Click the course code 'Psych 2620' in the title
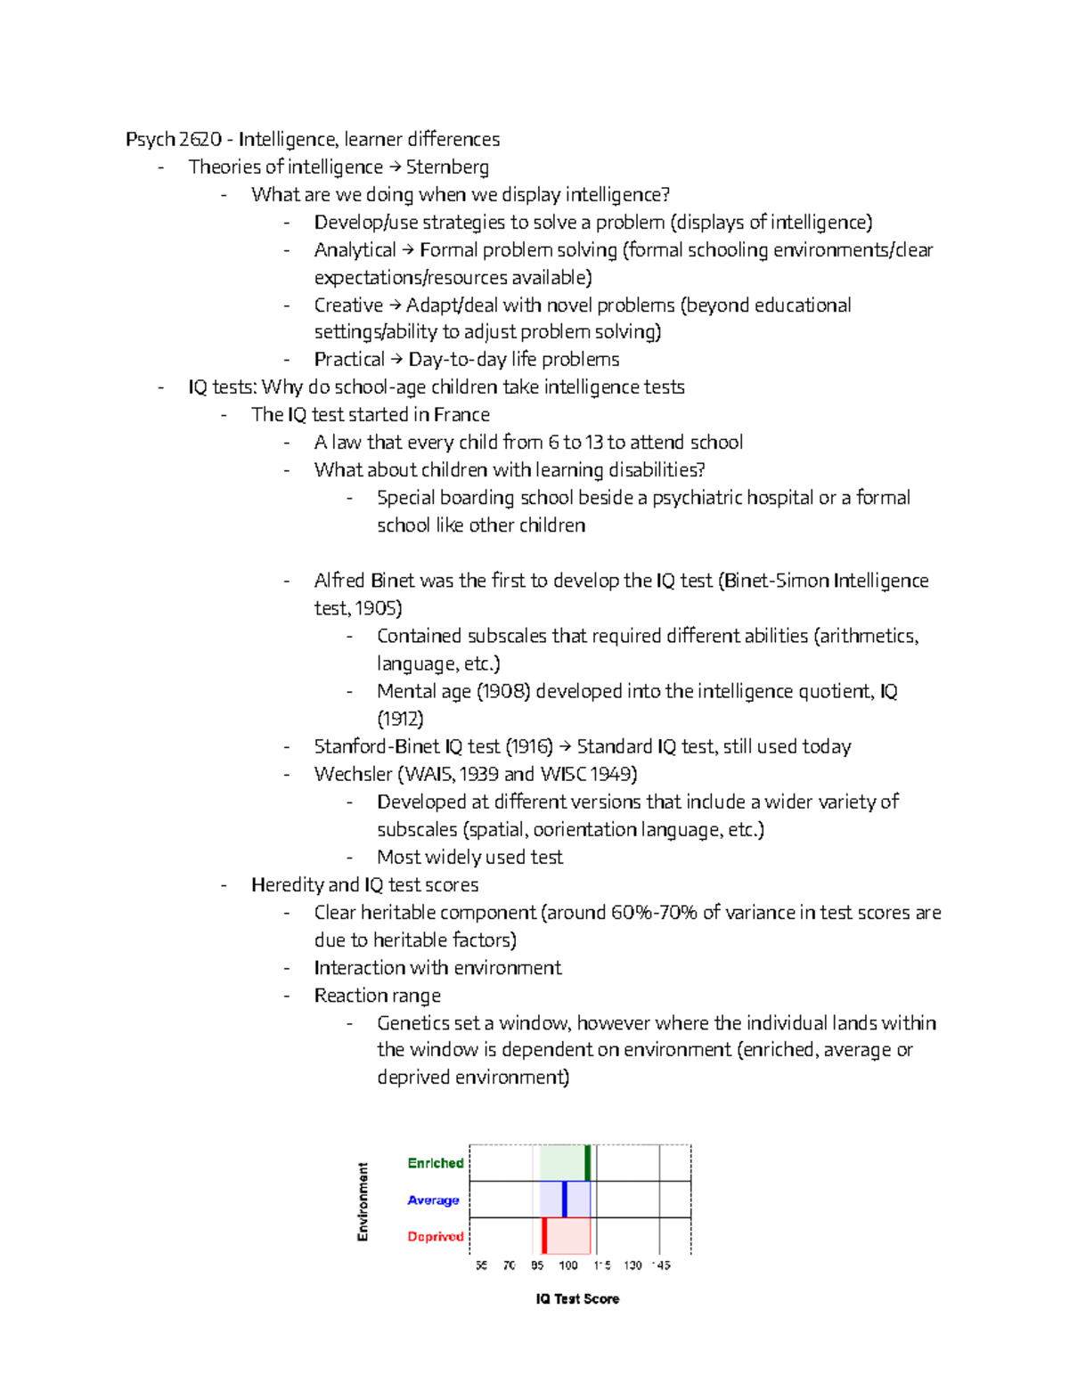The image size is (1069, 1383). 173,140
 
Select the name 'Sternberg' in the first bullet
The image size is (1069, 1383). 447,167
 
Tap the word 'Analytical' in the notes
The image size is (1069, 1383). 355,250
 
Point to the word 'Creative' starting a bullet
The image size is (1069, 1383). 347,305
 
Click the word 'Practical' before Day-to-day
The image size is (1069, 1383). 349,360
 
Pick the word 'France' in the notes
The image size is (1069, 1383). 462,415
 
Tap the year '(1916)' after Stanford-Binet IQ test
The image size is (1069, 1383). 529,746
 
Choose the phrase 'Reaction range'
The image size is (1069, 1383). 377,996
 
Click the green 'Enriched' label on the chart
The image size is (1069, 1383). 436,1163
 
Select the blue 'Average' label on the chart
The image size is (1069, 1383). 433,1200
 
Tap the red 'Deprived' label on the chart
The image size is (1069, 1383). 436,1236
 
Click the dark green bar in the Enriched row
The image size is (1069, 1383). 588,1163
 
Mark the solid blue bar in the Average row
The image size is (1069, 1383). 565,1200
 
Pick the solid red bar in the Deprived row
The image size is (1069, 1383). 544,1236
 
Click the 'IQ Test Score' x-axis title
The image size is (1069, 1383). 577,1299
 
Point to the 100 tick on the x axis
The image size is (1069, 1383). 567,1265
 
